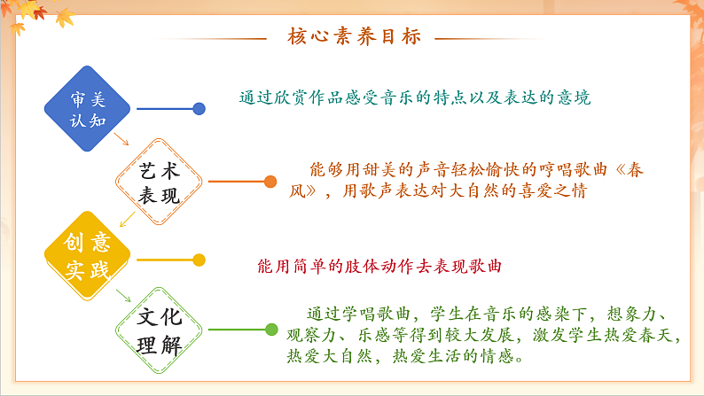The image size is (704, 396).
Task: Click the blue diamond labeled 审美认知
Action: [87, 108]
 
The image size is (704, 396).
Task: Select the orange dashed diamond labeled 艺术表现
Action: [160, 182]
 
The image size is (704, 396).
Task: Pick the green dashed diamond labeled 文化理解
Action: [160, 330]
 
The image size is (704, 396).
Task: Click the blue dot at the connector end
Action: [199, 109]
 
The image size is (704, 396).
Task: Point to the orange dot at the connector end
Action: [270, 182]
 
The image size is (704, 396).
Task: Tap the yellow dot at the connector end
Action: [199, 260]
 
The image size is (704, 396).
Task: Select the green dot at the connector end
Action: [271, 330]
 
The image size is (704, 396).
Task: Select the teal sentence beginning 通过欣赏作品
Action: [414, 97]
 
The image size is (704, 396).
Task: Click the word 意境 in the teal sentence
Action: [573, 97]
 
